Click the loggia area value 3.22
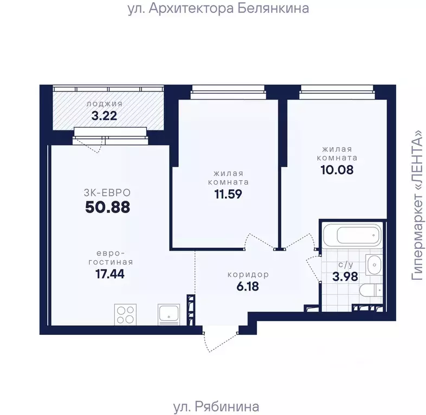[104, 116]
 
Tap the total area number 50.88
[108, 207]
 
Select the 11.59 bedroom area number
[228, 194]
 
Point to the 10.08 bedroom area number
[337, 170]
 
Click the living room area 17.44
[110, 274]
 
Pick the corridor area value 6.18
[248, 286]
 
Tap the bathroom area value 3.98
[345, 277]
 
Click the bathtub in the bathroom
[352, 235]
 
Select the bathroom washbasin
[373, 265]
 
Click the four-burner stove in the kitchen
[126, 314]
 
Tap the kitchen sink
[169, 314]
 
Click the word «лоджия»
[105, 104]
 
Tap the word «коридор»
[248, 274]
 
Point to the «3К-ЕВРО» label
[107, 193]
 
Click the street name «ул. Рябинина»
[216, 407]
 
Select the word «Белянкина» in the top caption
[273, 9]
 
